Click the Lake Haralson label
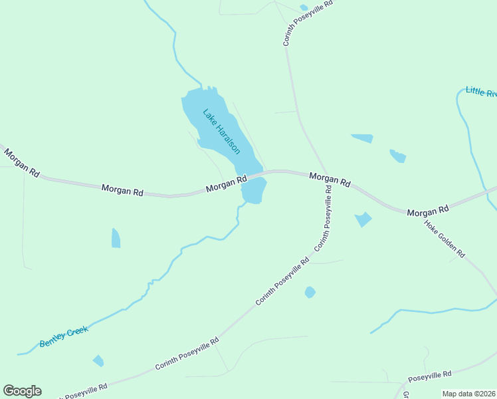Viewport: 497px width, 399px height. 221,131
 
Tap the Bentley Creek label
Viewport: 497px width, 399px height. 64,336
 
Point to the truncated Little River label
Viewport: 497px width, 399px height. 481,92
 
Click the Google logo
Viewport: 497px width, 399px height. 22,391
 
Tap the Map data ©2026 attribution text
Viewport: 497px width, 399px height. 469,394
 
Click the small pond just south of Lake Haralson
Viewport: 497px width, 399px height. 253,192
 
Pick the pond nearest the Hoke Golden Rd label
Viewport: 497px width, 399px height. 363,219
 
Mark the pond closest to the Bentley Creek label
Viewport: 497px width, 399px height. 98,360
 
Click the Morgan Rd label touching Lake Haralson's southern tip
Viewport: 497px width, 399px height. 226,184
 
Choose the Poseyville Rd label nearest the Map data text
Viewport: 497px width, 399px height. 430,377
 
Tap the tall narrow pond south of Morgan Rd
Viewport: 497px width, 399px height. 116,238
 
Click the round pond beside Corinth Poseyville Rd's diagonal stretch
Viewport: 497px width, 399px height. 310,292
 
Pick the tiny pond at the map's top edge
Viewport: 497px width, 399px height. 304,7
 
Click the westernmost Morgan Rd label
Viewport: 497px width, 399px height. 21,162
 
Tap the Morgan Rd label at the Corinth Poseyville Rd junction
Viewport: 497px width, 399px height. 330,180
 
